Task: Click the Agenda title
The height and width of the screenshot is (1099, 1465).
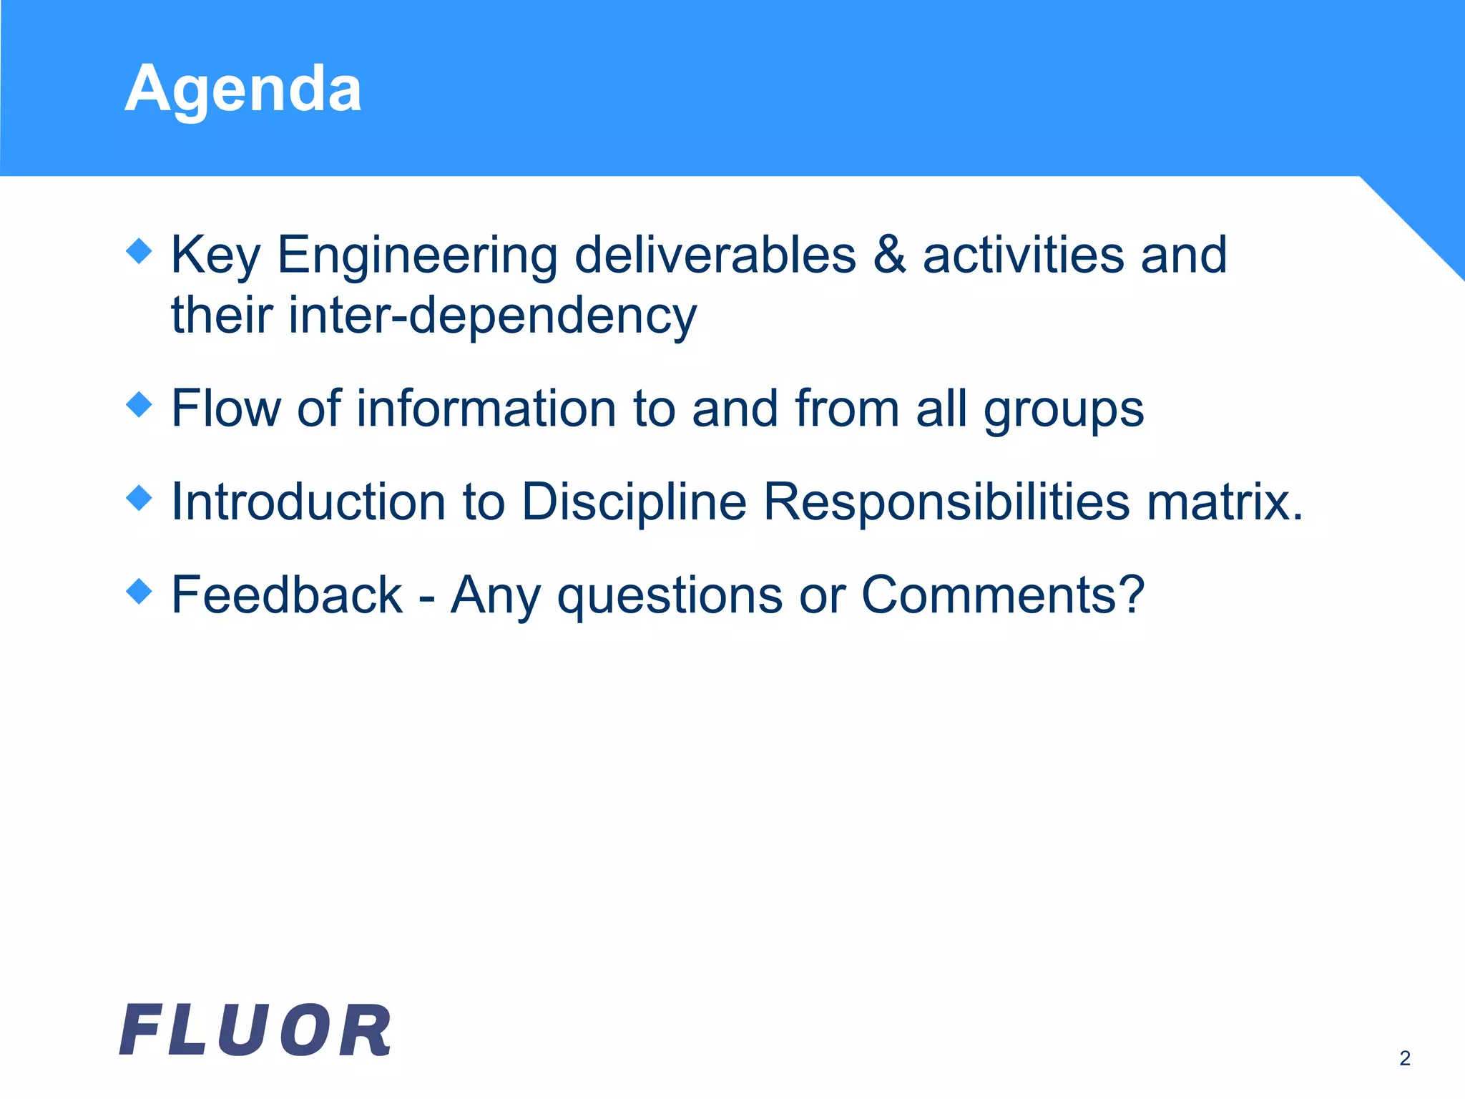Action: [x=242, y=89]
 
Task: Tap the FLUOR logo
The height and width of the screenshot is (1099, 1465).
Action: [x=255, y=1030]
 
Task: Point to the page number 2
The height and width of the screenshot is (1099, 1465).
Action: [x=1405, y=1058]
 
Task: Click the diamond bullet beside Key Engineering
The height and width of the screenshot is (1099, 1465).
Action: [x=139, y=251]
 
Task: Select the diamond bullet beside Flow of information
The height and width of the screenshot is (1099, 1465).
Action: [x=139, y=405]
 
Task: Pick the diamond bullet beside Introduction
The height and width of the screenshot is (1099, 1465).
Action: [x=139, y=498]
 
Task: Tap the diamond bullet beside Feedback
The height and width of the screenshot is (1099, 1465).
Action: [x=139, y=592]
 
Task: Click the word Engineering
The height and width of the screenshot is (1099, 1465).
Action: [x=417, y=256]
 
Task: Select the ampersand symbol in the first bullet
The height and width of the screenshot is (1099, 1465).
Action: [x=889, y=255]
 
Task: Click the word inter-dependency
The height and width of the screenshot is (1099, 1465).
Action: [x=492, y=316]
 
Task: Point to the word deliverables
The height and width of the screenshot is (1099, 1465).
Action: [x=715, y=255]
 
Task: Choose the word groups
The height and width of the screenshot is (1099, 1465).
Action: [x=1064, y=410]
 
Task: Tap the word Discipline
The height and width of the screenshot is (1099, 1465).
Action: [x=634, y=502]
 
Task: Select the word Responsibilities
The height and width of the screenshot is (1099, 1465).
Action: [x=946, y=502]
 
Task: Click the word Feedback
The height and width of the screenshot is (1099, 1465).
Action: [x=287, y=595]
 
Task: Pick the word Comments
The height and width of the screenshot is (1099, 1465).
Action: [x=1001, y=595]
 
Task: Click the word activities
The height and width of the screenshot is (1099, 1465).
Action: [x=1023, y=255]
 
